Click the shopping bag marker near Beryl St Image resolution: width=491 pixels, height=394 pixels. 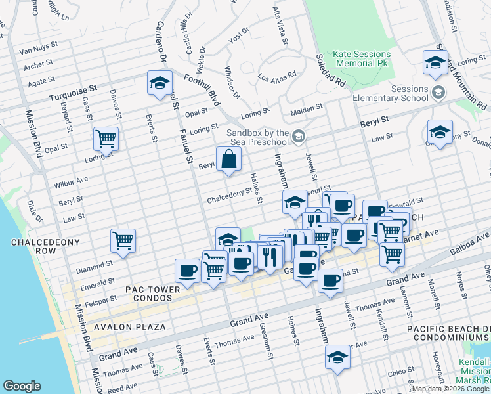228,160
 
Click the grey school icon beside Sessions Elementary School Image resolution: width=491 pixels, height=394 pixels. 438,94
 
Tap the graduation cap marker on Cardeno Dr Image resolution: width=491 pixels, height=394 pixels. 160,83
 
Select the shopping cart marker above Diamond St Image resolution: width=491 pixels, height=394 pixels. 123,241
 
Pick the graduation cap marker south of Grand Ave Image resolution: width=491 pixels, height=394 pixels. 337,358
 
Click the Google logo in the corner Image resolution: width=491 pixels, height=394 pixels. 22,385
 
